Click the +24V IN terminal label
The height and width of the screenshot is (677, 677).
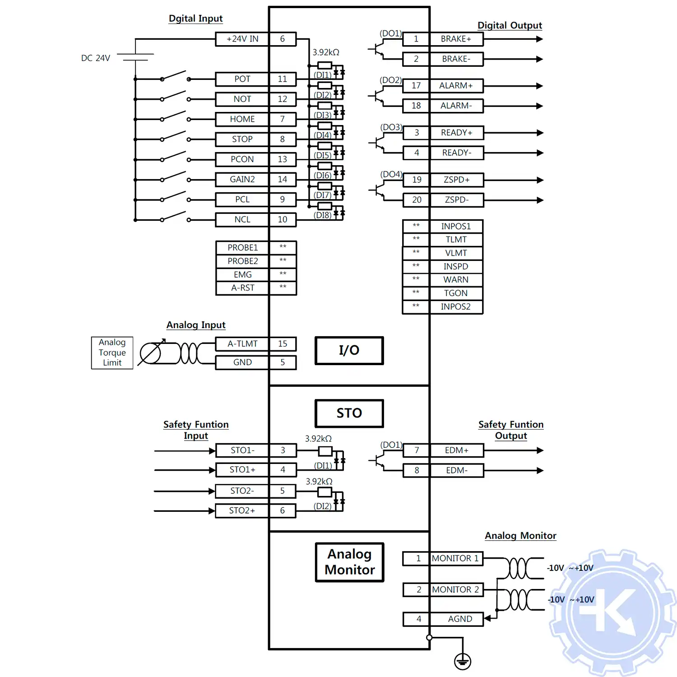[242, 39]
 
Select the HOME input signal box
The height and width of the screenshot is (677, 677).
[242, 119]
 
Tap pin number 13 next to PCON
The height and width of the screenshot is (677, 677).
[283, 159]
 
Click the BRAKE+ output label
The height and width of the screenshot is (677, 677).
[456, 39]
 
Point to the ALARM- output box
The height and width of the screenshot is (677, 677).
[456, 106]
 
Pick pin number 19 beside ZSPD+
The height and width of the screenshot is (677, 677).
[417, 180]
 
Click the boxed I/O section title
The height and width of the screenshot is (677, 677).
[349, 350]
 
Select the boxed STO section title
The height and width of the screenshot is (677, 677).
[349, 413]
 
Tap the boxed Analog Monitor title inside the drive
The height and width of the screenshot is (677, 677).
[349, 562]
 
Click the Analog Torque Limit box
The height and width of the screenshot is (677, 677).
[112, 352]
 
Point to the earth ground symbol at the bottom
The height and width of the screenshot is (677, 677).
[463, 662]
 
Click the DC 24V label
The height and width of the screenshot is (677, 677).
[96, 58]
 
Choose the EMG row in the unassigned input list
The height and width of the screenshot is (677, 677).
[242, 274]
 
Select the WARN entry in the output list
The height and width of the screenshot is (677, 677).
[456, 280]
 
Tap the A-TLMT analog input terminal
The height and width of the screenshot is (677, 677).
[242, 344]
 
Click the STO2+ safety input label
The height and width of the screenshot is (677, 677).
[242, 510]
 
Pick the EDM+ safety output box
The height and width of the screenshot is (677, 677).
[456, 450]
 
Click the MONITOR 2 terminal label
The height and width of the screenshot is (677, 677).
[455, 589]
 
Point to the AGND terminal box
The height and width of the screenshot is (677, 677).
[459, 619]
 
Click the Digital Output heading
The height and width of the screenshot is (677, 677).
[510, 26]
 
